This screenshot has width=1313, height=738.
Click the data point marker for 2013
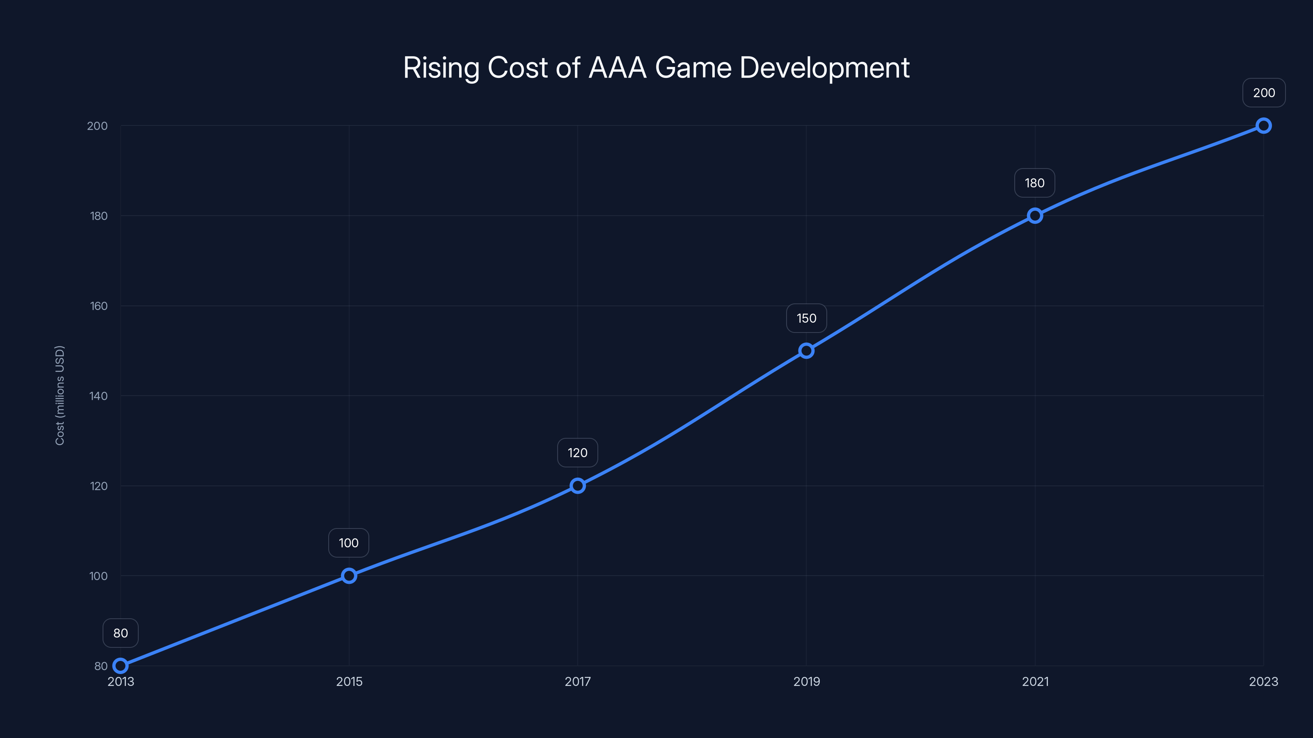[120, 666]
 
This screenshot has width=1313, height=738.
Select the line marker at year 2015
[349, 576]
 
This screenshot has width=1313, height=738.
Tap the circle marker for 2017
[577, 485]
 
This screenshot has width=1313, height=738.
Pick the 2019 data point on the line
[806, 351]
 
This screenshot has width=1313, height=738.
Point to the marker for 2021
[1035, 215]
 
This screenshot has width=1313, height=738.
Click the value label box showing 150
[806, 318]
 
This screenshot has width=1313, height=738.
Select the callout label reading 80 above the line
[120, 633]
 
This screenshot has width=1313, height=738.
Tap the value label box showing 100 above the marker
[349, 543]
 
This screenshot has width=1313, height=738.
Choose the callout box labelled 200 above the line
[1264, 93]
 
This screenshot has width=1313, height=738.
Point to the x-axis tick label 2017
[577, 681]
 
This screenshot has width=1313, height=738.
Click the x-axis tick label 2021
[1035, 681]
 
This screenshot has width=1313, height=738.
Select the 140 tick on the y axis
[98, 396]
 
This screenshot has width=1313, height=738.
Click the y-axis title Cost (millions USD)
[59, 395]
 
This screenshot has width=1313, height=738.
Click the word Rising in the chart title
[441, 68]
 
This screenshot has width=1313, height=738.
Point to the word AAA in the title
[617, 68]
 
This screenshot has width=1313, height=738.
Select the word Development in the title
[824, 68]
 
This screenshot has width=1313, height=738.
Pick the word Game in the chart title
[693, 68]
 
